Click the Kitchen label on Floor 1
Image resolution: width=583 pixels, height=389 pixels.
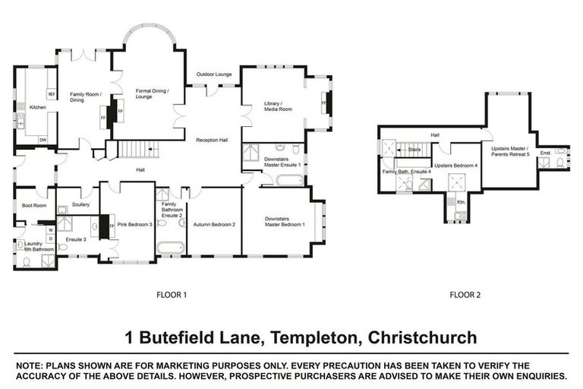pyautogui.click(x=37, y=108)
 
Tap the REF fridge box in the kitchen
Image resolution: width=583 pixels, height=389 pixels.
pyautogui.click(x=52, y=94)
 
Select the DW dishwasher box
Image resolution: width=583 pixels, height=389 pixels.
pyautogui.click(x=43, y=140)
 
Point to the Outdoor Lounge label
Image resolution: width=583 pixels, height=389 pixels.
pyautogui.click(x=214, y=74)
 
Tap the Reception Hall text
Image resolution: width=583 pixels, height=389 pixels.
pyautogui.click(x=212, y=141)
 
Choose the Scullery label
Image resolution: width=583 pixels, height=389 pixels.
pyautogui.click(x=81, y=204)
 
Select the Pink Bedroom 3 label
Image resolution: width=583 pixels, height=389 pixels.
pyautogui.click(x=135, y=225)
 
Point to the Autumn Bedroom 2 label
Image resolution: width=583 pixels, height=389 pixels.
pyautogui.click(x=215, y=225)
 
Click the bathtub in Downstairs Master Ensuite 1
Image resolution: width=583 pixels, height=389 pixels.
pyautogui.click(x=289, y=180)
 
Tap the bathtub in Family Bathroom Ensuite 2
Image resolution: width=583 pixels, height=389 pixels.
pyautogui.click(x=170, y=248)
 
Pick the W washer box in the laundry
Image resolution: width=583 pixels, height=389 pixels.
pyautogui.click(x=50, y=229)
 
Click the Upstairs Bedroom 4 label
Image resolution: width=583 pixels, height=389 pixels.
pyautogui.click(x=455, y=166)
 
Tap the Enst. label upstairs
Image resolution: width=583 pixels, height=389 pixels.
pyautogui.click(x=545, y=153)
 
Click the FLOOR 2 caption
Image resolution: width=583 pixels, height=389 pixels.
pyautogui.click(x=465, y=294)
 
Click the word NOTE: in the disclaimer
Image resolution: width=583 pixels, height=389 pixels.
pyautogui.click(x=30, y=365)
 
